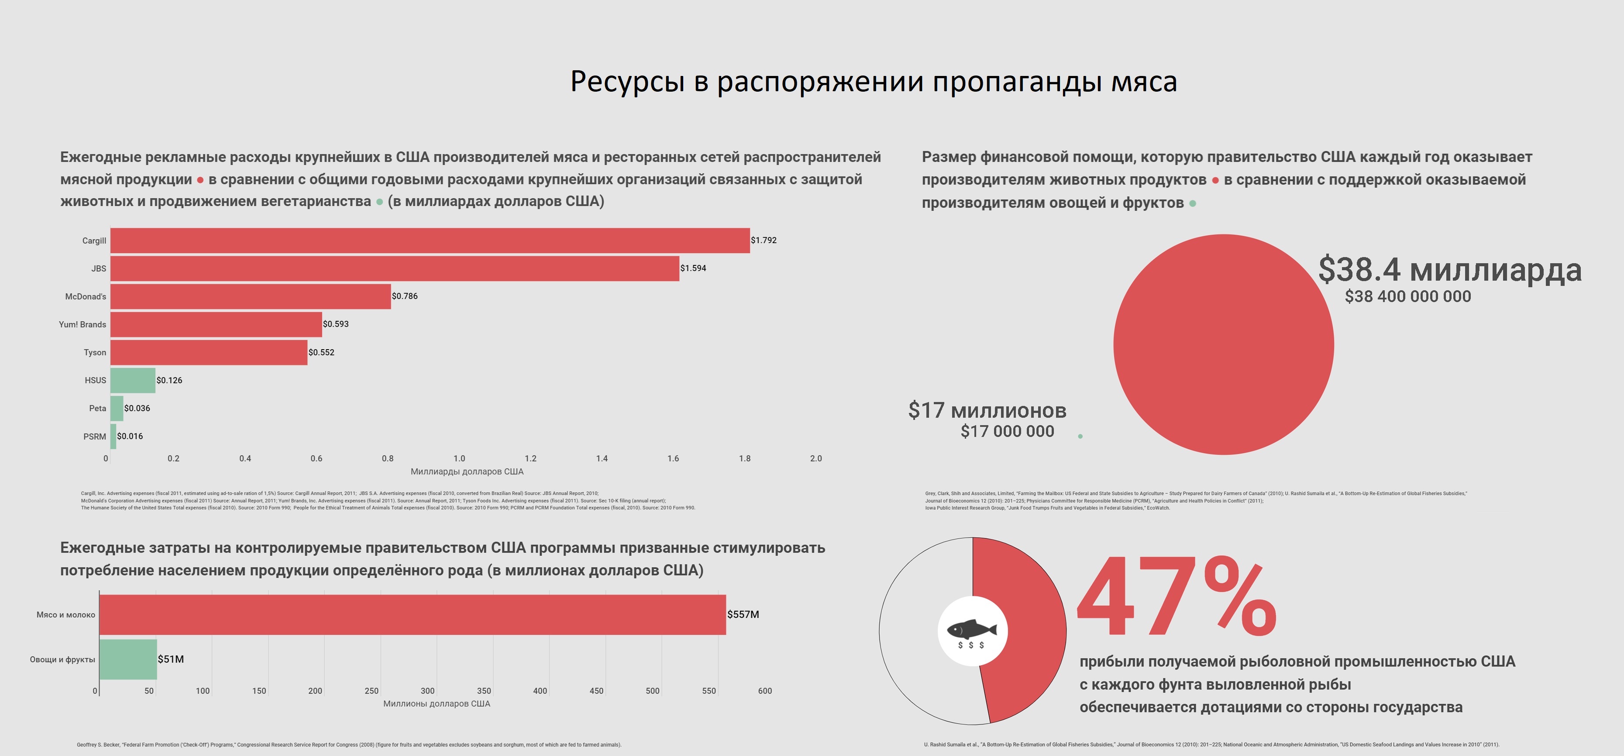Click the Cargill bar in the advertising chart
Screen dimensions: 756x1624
pos(430,240)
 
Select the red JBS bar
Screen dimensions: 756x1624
pos(395,268)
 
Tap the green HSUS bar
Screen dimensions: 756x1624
pos(132,380)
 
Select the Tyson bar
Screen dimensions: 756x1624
pos(209,352)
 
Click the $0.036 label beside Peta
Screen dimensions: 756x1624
pos(138,409)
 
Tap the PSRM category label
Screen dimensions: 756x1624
pos(95,436)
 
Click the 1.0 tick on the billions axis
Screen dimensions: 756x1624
pos(459,458)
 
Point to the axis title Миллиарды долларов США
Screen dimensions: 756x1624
pos(467,472)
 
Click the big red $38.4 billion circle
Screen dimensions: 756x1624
pos(1223,344)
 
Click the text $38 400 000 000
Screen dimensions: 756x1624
pos(1407,296)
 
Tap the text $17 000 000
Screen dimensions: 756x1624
pos(1007,431)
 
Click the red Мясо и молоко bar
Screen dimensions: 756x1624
pos(412,615)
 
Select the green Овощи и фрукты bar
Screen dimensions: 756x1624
pos(128,660)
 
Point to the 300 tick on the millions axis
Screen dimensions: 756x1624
pos(427,691)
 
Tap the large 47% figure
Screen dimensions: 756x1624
pos(1177,597)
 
